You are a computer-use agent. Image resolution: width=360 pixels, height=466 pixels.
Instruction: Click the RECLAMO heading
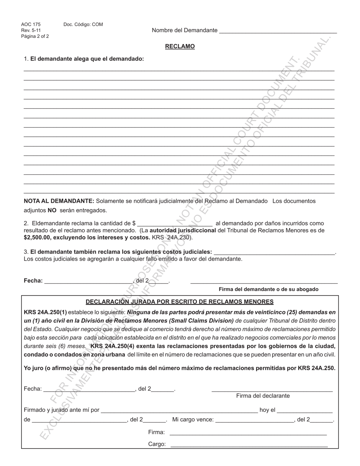[x=180, y=47]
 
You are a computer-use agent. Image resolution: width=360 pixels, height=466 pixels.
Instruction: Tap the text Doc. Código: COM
[x=83, y=25]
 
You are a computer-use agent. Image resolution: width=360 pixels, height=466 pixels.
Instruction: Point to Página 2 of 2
[x=35, y=37]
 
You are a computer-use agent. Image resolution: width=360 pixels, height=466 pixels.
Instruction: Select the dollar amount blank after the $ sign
[x=175, y=224]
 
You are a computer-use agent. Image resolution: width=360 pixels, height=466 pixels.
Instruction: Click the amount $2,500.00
[x=37, y=238]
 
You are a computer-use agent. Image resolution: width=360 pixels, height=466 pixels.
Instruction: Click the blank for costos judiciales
[x=274, y=252]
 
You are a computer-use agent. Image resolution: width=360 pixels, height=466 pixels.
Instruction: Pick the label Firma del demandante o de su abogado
[x=268, y=289]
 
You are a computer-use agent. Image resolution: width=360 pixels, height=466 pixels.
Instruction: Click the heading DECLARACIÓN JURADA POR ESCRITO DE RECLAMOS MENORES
[x=180, y=302]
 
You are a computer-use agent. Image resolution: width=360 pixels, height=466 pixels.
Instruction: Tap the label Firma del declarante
[x=263, y=396]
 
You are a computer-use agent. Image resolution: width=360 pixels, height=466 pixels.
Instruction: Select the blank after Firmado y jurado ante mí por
[x=179, y=410]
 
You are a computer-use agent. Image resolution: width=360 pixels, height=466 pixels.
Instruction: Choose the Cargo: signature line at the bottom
[x=248, y=444]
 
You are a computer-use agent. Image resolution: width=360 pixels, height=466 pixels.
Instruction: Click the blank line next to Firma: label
[x=248, y=432]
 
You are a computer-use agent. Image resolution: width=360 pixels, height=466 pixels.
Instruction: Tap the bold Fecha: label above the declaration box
[x=33, y=281]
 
